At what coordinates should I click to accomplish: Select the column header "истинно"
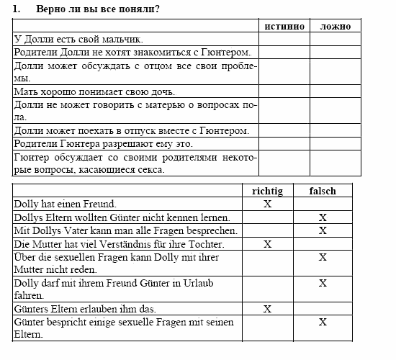[284, 26]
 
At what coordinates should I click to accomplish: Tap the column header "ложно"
[334, 26]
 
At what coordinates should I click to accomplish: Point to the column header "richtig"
[268, 191]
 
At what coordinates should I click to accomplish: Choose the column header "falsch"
[323, 191]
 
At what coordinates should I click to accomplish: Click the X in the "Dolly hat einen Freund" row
[268, 204]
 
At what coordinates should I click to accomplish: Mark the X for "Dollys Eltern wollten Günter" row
[323, 217]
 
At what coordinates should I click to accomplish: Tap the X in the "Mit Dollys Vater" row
[323, 230]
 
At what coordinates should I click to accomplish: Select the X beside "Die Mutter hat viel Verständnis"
[268, 244]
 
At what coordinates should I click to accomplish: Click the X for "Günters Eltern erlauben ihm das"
[268, 309]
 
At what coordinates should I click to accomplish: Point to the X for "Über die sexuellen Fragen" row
[323, 257]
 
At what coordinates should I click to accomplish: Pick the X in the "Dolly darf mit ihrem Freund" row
[323, 283]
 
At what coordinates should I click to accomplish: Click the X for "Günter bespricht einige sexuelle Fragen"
[323, 322]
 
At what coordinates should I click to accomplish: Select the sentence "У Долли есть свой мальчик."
[78, 39]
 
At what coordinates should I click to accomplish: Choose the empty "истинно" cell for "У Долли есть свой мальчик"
[284, 39]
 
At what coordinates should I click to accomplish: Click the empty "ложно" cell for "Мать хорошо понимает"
[334, 91]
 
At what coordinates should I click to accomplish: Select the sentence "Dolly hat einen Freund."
[66, 204]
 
